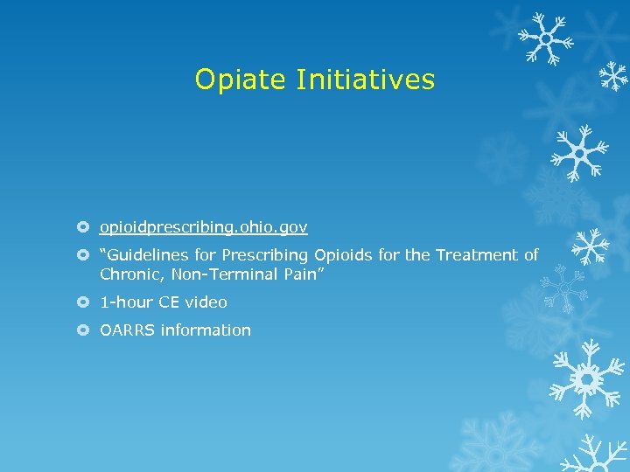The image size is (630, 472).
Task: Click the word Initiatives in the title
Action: pyautogui.click(x=366, y=80)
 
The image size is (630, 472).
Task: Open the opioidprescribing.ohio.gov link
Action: pyautogui.click(x=203, y=227)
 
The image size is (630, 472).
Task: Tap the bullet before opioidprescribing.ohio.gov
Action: pyautogui.click(x=83, y=227)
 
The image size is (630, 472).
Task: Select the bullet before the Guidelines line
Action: pyautogui.click(x=83, y=255)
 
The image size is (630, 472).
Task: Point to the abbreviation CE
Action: pyautogui.click(x=169, y=302)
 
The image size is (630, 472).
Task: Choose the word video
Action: pyautogui.click(x=206, y=302)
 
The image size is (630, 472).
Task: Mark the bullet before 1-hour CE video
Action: pyautogui.click(x=83, y=302)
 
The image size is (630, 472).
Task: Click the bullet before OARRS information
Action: pyautogui.click(x=83, y=330)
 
